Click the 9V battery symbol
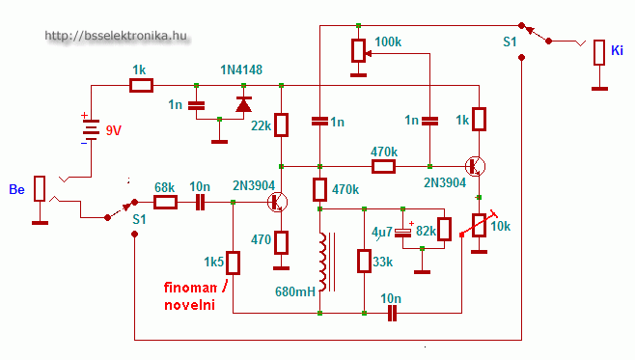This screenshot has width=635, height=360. pos(91,129)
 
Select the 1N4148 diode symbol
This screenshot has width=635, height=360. pos(243,104)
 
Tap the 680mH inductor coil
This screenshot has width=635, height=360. pos(323,262)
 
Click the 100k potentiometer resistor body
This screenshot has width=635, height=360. pos(358,50)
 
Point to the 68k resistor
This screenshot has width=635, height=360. pos(165,202)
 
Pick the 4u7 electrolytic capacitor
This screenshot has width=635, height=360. pos(403,233)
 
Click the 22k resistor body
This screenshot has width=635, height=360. pos(282,125)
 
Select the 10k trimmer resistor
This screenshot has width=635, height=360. pos(479,225)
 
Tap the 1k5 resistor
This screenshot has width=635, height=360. pos(233,263)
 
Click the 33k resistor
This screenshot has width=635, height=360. pos(364,262)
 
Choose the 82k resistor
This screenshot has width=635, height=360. pos(445,229)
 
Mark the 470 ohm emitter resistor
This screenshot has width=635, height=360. pos(282,242)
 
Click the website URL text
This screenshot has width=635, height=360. pos(116,36)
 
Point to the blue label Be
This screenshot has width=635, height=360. pos(16,189)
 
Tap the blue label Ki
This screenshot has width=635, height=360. pos(617,50)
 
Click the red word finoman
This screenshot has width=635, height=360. pos(190,288)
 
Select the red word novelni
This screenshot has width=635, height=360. pos(189,305)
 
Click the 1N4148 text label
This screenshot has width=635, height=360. pos(241,69)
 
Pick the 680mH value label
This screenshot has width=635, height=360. pos(295,291)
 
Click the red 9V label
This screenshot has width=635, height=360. pos(114,130)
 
